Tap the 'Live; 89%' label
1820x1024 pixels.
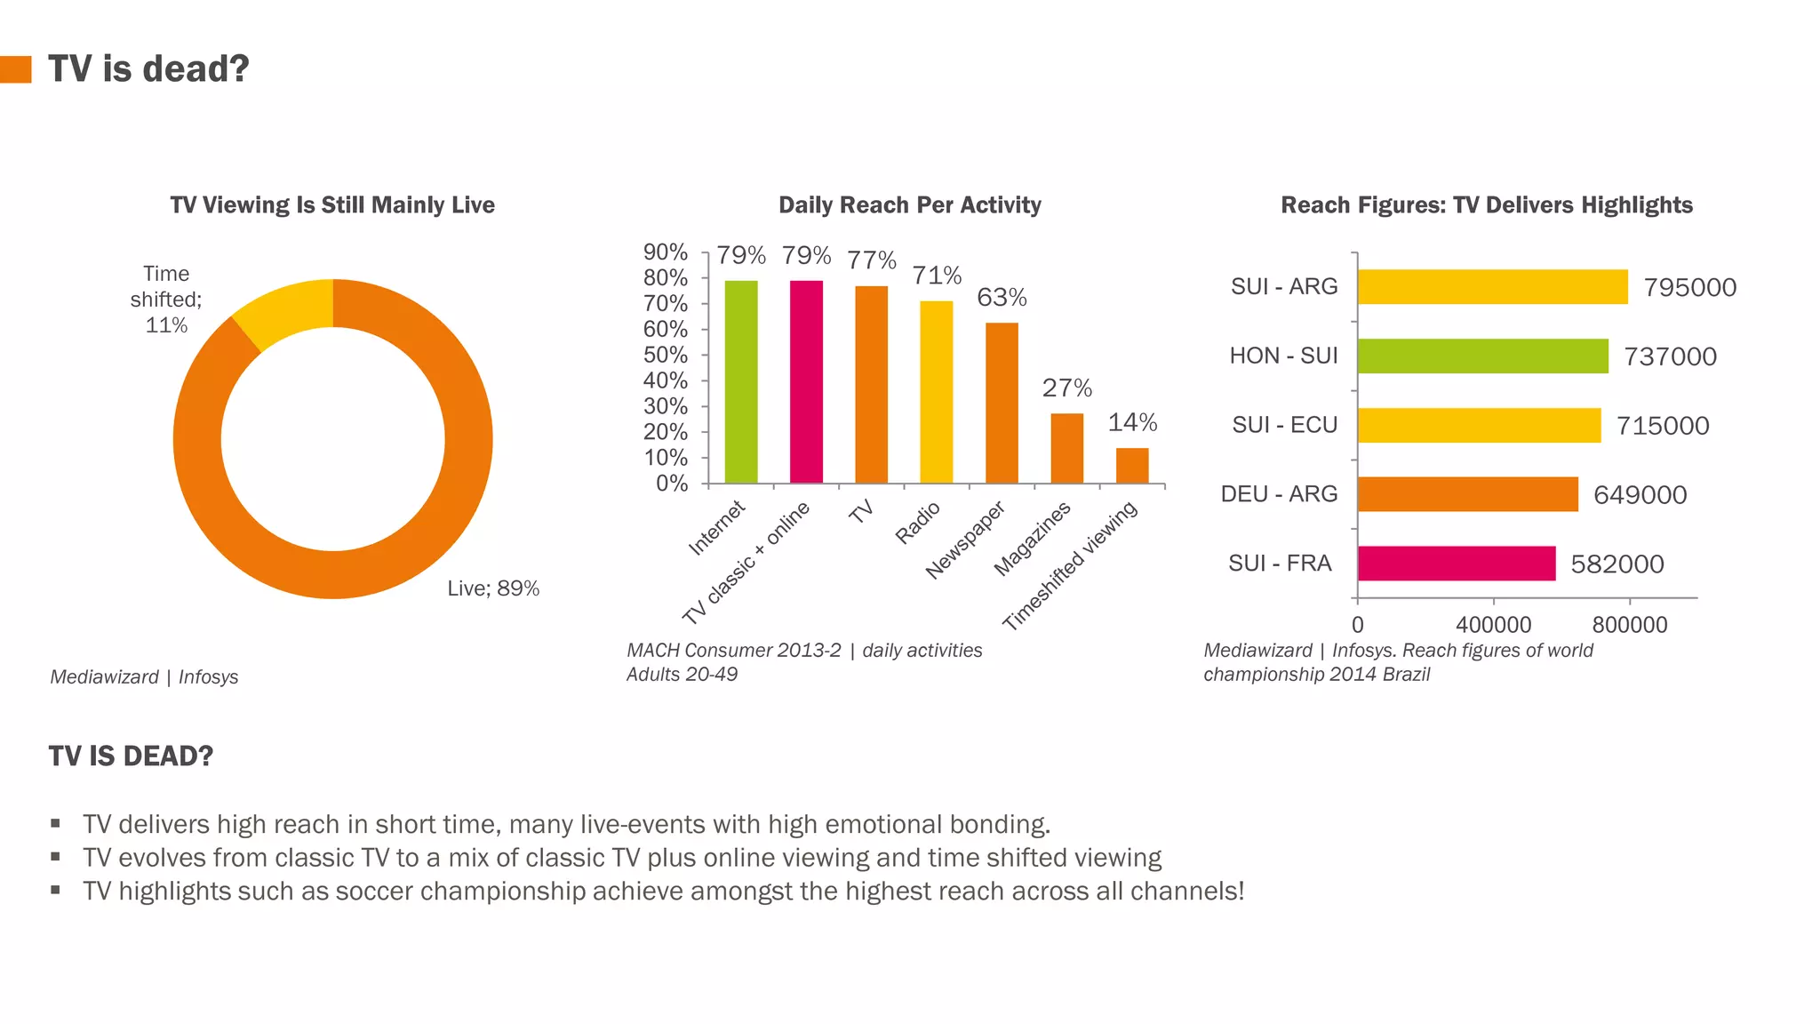[493, 588]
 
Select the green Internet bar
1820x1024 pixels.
[741, 382]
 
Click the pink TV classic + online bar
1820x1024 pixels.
[806, 382]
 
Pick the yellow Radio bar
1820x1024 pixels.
[936, 392]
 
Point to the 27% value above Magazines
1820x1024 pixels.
[1066, 388]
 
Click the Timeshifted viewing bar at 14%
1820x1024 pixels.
[1132, 466]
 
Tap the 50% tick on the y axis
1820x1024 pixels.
[666, 356]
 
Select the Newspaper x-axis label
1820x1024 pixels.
[966, 540]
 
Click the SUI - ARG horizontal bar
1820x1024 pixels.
[1492, 287]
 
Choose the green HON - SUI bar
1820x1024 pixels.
[1482, 356]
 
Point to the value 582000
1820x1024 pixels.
[1616, 564]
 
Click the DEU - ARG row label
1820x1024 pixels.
[1279, 494]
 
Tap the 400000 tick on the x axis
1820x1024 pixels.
[1493, 625]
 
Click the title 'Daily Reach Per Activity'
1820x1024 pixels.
[909, 205]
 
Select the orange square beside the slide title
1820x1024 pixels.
[16, 69]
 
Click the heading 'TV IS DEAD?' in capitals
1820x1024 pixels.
[131, 756]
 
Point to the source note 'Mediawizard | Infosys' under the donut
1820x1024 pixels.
[144, 677]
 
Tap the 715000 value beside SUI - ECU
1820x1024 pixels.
[1662, 426]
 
